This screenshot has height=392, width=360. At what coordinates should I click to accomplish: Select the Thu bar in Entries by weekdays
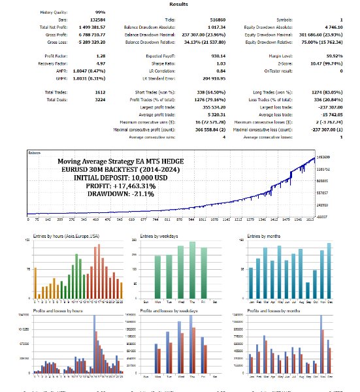point(193,271)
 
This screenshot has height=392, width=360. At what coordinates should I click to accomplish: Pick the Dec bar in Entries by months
point(329,272)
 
